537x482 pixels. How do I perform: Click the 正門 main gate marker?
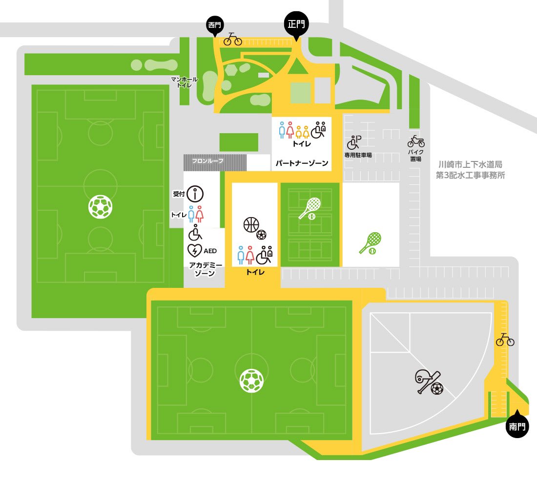pyautogui.click(x=296, y=23)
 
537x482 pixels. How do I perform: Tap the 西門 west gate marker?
pyautogui.click(x=215, y=25)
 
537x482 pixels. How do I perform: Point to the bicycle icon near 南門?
pyautogui.click(x=505, y=340)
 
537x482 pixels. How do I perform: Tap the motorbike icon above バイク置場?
pyautogui.click(x=416, y=141)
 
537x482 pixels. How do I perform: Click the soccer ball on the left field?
pyautogui.click(x=101, y=206)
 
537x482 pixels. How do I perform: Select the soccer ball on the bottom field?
pyautogui.click(x=251, y=381)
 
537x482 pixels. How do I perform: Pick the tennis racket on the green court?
pyautogui.click(x=310, y=208)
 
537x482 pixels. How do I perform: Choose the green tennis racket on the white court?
pyautogui.click(x=370, y=242)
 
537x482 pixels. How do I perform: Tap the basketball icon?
pyautogui.click(x=251, y=225)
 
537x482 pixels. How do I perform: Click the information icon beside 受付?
pyautogui.click(x=195, y=194)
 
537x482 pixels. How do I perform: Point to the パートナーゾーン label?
pyautogui.click(x=301, y=163)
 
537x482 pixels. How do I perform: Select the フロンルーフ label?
pyautogui.click(x=207, y=160)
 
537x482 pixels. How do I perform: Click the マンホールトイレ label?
pyautogui.click(x=184, y=82)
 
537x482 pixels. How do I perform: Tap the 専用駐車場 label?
pyautogui.click(x=358, y=155)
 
